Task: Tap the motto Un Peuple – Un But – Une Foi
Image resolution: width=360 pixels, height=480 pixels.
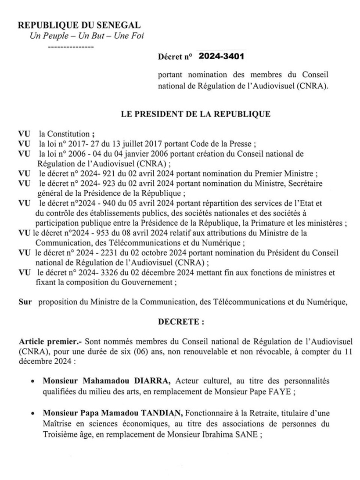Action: click(86, 36)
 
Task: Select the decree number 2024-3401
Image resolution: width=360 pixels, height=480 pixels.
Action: click(221, 56)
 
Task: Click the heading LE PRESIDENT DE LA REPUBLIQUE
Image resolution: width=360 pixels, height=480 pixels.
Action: click(196, 115)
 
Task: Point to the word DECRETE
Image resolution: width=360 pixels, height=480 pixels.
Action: click(180, 321)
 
